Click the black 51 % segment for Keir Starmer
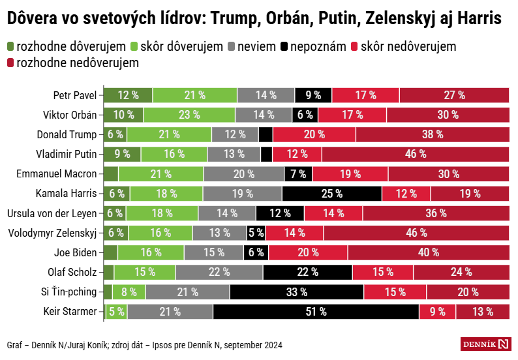[316, 312]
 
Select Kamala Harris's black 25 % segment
[331, 194]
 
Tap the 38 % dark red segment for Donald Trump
[432, 134]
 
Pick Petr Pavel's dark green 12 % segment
[128, 95]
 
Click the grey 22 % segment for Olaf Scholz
[219, 273]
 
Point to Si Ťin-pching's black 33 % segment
[297, 292]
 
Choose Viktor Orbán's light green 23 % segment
[189, 115]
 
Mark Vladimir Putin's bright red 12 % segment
[297, 154]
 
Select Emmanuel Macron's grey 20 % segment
[244, 174]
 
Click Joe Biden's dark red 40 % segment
[428, 253]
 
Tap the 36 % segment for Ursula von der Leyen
[436, 213]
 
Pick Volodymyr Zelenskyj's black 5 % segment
[256, 233]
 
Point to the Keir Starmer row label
[70, 312]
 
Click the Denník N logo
[485, 344]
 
